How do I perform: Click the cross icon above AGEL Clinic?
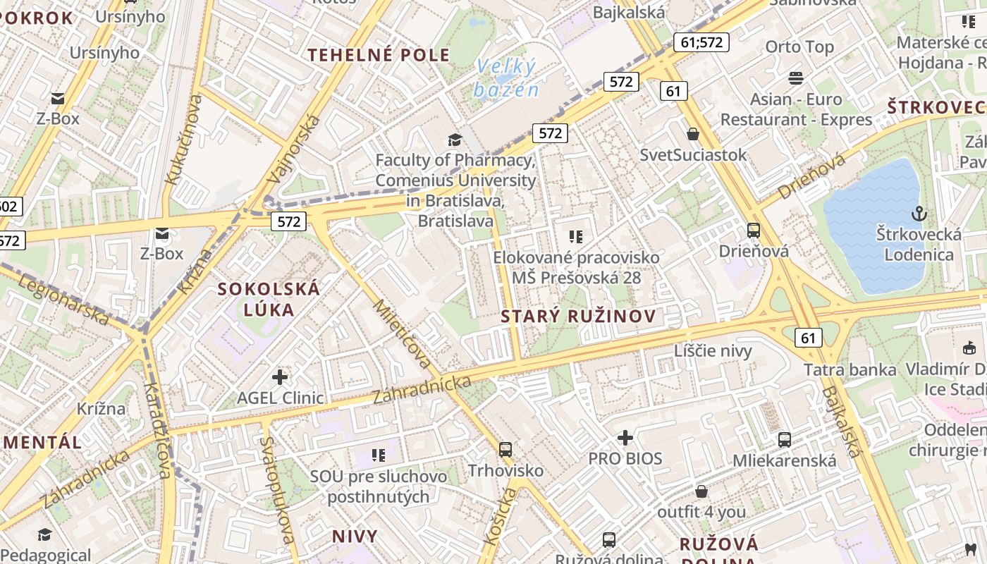tap(280, 377)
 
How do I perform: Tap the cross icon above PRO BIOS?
tap(625, 439)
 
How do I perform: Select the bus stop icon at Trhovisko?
tap(505, 449)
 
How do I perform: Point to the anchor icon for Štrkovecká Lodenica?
tap(919, 213)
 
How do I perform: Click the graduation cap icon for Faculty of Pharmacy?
tap(455, 140)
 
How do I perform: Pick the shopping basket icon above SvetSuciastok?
tap(693, 133)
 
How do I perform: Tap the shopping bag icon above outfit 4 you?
tap(701, 491)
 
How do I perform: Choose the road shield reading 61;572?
tap(701, 42)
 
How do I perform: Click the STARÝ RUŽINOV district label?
tap(578, 317)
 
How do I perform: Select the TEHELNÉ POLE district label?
tap(379, 55)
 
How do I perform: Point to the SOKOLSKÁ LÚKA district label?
tap(269, 299)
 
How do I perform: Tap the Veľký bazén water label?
tap(506, 78)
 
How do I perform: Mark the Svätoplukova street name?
tap(276, 490)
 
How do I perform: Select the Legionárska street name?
tap(64, 300)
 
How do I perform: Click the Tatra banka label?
tap(850, 369)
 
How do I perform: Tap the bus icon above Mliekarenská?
tap(785, 440)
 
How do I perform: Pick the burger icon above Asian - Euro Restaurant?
tap(796, 78)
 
